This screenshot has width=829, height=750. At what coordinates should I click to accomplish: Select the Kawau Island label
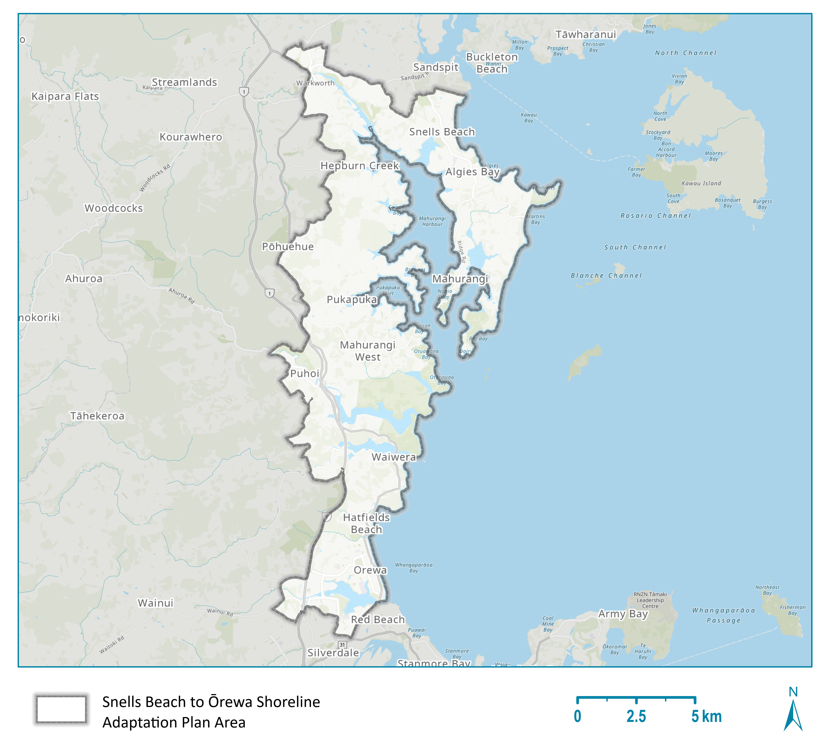click(x=701, y=183)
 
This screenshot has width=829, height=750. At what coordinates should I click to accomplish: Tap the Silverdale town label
click(x=333, y=653)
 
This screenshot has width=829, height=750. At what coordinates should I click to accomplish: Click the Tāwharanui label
click(x=586, y=35)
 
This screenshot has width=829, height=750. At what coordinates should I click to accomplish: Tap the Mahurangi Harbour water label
click(x=432, y=221)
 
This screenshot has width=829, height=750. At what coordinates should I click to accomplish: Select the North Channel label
click(x=685, y=53)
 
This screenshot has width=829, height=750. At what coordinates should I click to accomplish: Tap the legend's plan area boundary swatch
click(x=61, y=709)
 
